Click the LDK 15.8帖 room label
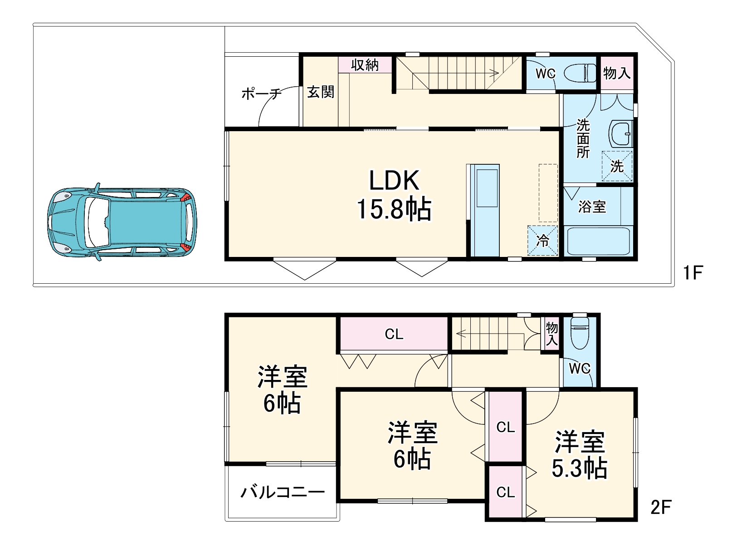click(x=394, y=195)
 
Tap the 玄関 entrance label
click(x=321, y=92)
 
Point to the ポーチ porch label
click(x=261, y=94)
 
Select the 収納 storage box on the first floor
click(x=365, y=65)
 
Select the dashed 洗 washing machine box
click(x=617, y=166)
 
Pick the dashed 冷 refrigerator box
click(x=542, y=240)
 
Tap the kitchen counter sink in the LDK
click(x=487, y=188)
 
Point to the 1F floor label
click(x=693, y=273)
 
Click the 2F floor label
click(x=660, y=507)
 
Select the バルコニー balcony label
click(x=282, y=492)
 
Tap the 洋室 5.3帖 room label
click(x=580, y=455)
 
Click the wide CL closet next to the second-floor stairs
click(x=394, y=335)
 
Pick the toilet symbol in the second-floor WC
click(x=580, y=334)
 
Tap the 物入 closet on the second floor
click(x=552, y=334)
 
